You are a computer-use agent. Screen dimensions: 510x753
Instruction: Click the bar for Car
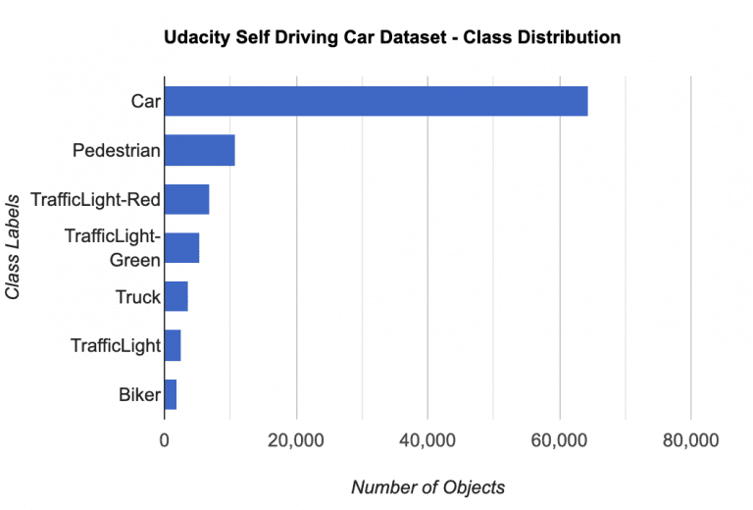tap(376, 101)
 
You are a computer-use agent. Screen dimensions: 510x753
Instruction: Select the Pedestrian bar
tap(199, 150)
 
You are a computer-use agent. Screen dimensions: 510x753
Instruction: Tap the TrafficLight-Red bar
tap(186, 199)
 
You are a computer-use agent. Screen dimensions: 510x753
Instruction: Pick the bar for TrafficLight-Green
tap(181, 248)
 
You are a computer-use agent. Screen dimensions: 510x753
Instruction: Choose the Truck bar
tap(176, 296)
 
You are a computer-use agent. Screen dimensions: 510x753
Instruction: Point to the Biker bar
tap(170, 394)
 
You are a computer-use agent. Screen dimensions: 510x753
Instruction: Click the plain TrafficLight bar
tap(173, 345)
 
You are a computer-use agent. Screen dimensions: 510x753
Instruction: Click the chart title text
tap(392, 37)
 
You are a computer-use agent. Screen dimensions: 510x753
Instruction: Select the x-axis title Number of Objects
tap(427, 487)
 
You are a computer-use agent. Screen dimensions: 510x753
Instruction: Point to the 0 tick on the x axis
tap(164, 441)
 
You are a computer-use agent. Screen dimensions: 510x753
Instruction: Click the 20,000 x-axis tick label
tap(295, 441)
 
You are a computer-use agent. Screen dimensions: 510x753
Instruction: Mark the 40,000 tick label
tap(427, 441)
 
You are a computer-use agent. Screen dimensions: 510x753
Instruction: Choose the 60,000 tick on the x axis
tap(559, 441)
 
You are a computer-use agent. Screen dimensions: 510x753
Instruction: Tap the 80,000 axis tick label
tap(690, 441)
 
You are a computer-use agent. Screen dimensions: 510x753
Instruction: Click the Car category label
tap(145, 101)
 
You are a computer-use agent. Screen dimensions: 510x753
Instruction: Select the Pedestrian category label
tap(116, 150)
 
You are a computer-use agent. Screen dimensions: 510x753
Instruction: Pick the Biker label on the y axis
tap(139, 394)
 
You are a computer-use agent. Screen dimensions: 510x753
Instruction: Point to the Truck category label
tap(137, 296)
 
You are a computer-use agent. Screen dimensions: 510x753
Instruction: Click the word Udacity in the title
tap(196, 37)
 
